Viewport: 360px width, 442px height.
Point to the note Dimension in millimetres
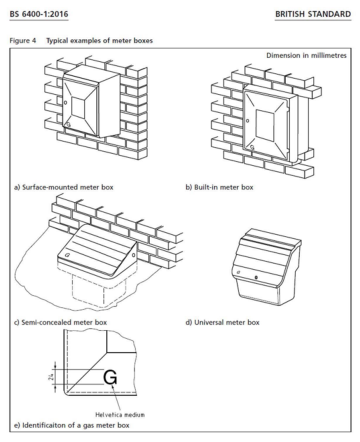click(x=309, y=56)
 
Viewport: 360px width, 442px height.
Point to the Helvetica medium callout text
click(x=127, y=413)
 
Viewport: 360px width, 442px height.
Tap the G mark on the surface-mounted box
click(x=68, y=122)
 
